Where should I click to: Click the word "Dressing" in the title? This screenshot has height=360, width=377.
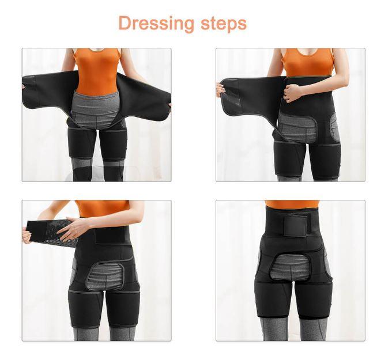(156, 24)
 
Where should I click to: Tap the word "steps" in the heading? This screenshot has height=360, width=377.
(224, 23)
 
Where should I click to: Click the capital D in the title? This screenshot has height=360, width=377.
(125, 23)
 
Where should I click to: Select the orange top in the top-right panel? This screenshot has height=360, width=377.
(308, 62)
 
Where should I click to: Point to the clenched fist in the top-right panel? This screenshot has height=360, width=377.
(292, 93)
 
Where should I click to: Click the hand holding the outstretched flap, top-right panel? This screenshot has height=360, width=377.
(220, 89)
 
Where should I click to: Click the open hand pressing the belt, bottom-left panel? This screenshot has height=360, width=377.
(72, 229)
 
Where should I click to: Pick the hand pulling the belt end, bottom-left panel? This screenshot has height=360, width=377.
(27, 235)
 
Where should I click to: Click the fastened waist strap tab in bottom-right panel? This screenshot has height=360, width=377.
(295, 226)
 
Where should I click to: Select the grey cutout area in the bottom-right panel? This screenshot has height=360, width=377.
(291, 267)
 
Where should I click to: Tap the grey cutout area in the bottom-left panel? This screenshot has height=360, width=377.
(105, 276)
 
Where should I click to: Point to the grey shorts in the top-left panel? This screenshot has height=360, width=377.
(97, 110)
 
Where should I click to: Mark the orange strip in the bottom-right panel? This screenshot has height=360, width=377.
(292, 204)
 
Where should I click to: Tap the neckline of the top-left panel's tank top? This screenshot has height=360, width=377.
(97, 50)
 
